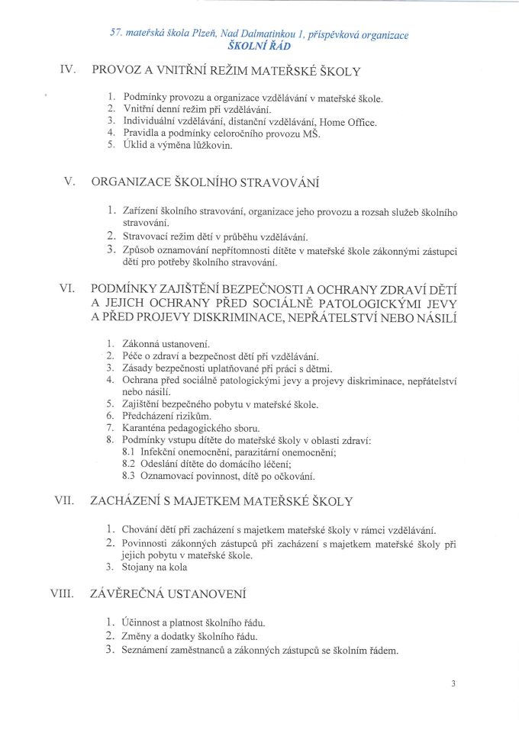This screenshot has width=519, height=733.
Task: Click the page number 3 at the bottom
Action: click(x=453, y=683)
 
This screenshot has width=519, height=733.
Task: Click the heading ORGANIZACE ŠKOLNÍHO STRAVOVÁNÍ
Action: click(x=205, y=182)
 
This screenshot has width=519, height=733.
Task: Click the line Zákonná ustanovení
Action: click(x=166, y=343)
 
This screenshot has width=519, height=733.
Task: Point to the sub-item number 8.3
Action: click(x=129, y=477)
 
